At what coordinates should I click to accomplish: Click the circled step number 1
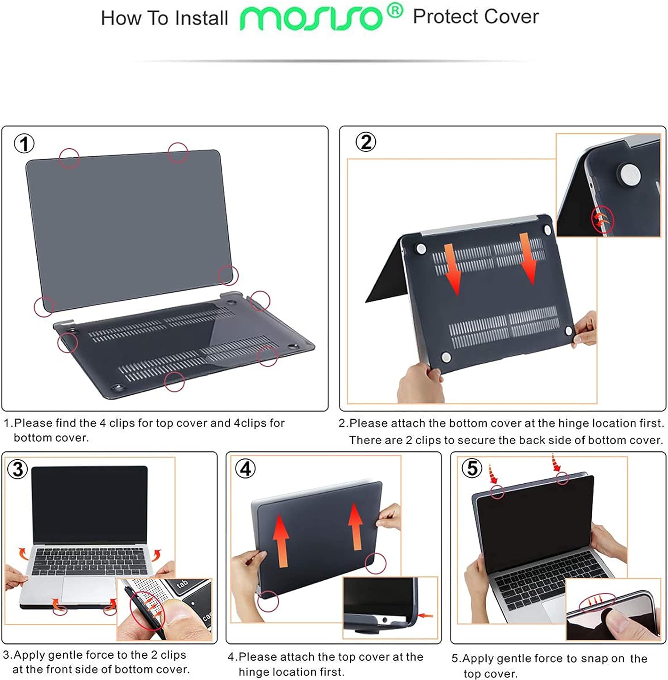pyautogui.click(x=24, y=144)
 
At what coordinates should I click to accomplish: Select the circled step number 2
pyautogui.click(x=366, y=142)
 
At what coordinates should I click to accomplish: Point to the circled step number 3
pyautogui.click(x=18, y=469)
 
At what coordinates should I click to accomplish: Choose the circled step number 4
pyautogui.click(x=245, y=469)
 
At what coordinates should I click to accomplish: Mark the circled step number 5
pyautogui.click(x=472, y=468)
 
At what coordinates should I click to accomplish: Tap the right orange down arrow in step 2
pyautogui.click(x=527, y=258)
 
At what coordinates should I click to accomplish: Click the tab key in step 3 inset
pyautogui.click(x=182, y=585)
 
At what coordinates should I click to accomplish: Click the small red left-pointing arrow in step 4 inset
pyautogui.click(x=426, y=615)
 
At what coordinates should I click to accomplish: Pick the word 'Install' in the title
pyautogui.click(x=202, y=18)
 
